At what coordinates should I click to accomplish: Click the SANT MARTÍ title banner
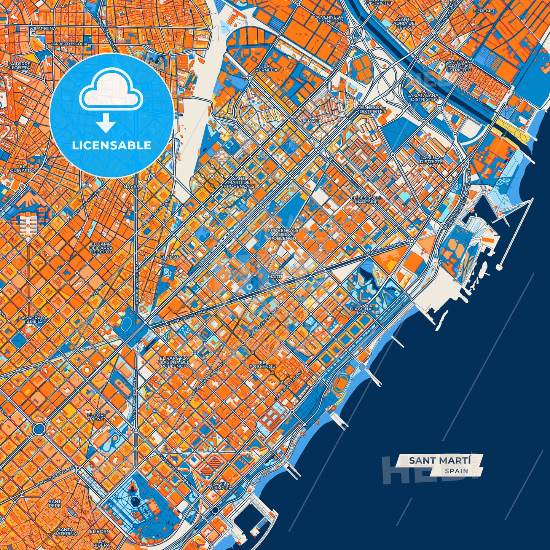point(440,460)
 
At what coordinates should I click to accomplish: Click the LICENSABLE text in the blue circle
point(112,145)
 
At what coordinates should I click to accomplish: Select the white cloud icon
point(111,89)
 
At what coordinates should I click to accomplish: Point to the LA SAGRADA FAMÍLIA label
point(33,320)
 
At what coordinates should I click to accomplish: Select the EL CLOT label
point(169,257)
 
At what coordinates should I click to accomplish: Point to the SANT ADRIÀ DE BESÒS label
point(404,23)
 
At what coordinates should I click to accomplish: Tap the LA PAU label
point(309,121)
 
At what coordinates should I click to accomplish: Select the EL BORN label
point(100,531)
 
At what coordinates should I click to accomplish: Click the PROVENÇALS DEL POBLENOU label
point(283,234)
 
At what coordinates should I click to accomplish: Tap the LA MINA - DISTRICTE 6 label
point(431,161)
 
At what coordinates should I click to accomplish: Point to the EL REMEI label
point(483,11)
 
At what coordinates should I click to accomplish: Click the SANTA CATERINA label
point(66,532)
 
